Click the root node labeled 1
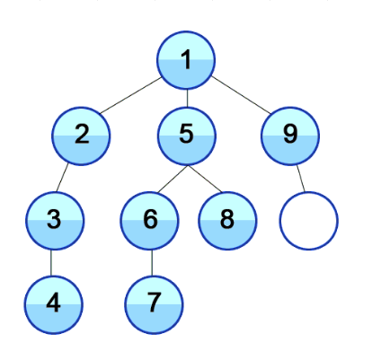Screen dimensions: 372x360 pos(186,60)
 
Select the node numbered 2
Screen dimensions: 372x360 pos(81,136)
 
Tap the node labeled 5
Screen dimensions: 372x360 pos(187,136)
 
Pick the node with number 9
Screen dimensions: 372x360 pos(290,136)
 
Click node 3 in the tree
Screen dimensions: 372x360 pos(54,221)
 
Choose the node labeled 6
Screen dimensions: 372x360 pos(150,221)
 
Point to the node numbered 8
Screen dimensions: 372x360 pos(227,221)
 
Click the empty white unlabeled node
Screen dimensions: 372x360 pos(309,221)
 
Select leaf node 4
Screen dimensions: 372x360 pos(54,304)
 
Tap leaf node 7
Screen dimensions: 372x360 pos(154,304)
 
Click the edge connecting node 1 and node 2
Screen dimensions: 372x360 pos(131,95)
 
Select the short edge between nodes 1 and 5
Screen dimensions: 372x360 pos(187,98)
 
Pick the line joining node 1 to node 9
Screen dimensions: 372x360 pos(241,95)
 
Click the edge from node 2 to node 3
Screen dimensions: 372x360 pos(62,178)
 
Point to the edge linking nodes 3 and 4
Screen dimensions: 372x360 pos(51,263)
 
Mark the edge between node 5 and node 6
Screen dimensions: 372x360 pos(173,179)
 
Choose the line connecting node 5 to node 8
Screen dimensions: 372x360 pos(205,179)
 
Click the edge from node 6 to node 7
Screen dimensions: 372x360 pos(152,263)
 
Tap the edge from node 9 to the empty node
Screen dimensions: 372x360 pos(301,179)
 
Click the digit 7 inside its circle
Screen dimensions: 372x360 pos(154,303)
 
